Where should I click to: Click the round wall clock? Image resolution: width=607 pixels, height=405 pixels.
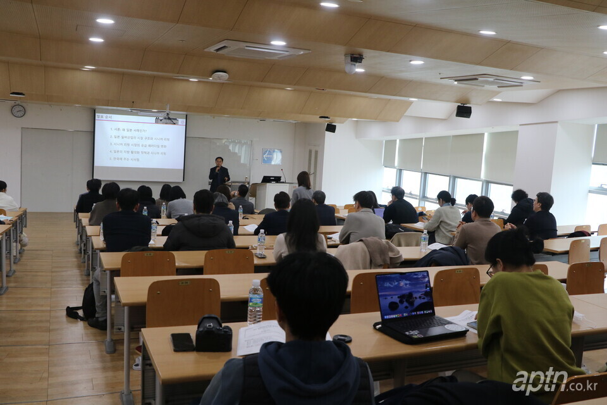coord(18,111)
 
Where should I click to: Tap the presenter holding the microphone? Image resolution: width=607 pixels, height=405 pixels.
coord(219,173)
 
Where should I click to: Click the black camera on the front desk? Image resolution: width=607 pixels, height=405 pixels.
coord(213,335)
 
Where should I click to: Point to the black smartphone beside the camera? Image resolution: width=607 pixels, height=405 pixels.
coord(182,342)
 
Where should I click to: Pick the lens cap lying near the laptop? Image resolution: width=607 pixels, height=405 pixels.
coord(342,339)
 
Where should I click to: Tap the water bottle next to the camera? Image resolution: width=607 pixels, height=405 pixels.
coord(255,302)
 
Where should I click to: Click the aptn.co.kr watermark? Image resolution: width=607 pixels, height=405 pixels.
coord(554,382)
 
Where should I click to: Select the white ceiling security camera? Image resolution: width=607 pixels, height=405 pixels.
coord(352,63)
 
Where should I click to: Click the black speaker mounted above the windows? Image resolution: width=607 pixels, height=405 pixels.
coord(463,111)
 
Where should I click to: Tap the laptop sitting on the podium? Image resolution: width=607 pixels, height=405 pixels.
coord(271,179)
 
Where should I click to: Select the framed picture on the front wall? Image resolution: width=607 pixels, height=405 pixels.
coord(272,156)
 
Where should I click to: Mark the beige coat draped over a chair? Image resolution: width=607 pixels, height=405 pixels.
coord(368,253)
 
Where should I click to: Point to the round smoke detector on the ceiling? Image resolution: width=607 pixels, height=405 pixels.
coord(219,76)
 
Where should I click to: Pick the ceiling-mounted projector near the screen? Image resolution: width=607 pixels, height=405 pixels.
coord(166,118)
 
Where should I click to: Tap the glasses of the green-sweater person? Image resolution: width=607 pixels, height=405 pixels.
coord(490,271)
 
